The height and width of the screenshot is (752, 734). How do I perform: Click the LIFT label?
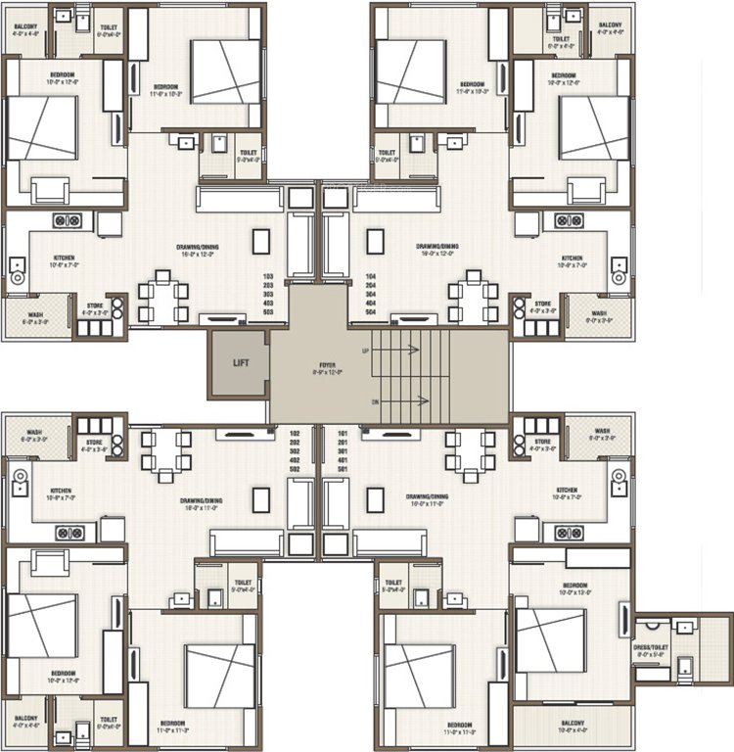tap(241, 363)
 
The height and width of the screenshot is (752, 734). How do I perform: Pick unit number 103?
tap(268, 277)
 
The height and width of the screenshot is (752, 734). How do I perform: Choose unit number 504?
tap(370, 311)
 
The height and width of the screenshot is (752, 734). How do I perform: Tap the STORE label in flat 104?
tap(541, 304)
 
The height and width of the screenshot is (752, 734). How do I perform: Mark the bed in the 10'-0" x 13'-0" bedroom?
tap(551, 640)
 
